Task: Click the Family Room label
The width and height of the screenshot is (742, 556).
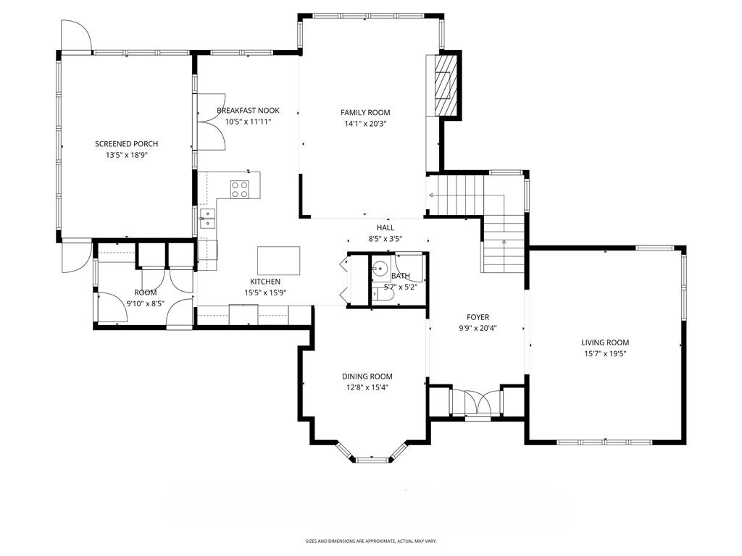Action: (365, 112)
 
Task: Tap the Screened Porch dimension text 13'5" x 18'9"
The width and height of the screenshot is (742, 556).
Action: (126, 155)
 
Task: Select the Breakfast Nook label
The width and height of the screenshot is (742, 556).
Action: (248, 111)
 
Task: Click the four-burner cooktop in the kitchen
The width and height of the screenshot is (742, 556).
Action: (239, 189)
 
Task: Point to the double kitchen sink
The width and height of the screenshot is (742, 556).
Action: (207, 219)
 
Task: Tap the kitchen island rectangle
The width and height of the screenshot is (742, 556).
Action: (279, 261)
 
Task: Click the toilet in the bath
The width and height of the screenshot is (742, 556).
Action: (383, 295)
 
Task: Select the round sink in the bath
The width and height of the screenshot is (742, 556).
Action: (380, 268)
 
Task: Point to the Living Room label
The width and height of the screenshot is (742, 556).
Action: (605, 342)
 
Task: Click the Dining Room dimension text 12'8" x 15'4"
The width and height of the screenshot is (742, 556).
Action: (367, 388)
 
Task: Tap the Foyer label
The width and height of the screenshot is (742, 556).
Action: (478, 317)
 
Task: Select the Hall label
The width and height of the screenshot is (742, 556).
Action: (385, 228)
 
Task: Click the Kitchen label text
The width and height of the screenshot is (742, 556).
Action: (265, 282)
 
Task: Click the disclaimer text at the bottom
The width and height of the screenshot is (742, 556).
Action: (371, 541)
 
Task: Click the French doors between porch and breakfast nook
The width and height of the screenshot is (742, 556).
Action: (211, 122)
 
